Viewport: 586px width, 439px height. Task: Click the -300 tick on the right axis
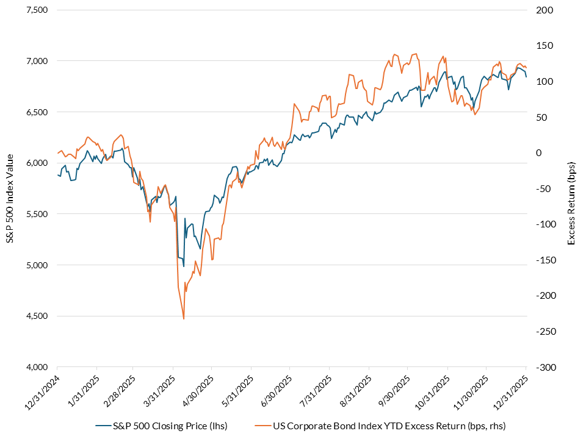click(x=543, y=367)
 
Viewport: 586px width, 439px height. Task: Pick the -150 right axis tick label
click(x=543, y=260)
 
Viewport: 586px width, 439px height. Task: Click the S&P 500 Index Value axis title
click(x=10, y=188)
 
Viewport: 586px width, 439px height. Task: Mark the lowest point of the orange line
click(x=184, y=318)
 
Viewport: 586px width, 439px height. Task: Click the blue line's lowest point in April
click(x=183, y=267)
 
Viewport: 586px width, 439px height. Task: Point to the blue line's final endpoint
click(x=526, y=77)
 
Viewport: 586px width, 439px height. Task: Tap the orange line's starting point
click(x=57, y=153)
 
